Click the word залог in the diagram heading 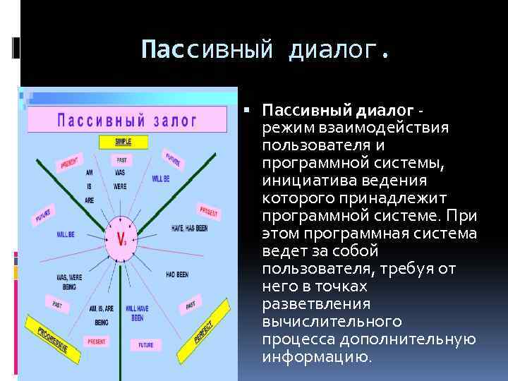click(174, 119)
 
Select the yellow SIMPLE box click(123, 141)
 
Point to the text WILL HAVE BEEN click(137, 313)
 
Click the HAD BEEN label click(181, 274)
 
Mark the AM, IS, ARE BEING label click(105, 313)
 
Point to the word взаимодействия click(383, 128)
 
